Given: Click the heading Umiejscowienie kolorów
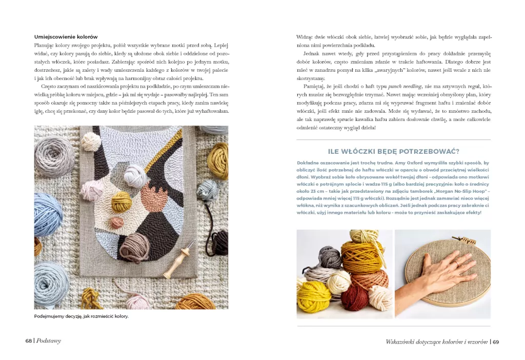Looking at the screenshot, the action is tap(66, 37).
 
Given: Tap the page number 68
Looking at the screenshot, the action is tap(29, 341).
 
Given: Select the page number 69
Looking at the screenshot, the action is tap(496, 342).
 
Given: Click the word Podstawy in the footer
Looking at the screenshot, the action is tap(49, 341).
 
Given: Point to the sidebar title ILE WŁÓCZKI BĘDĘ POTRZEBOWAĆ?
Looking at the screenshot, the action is tap(393, 151).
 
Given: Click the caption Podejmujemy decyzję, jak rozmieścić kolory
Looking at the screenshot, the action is tap(82, 316).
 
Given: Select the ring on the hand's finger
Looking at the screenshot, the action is tap(456, 264).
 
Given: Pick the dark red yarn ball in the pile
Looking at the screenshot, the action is tap(354, 296).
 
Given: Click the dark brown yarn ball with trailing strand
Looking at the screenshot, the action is tap(219, 241).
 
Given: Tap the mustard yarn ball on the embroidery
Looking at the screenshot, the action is tap(121, 201).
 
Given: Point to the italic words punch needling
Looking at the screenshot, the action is tap(405, 86).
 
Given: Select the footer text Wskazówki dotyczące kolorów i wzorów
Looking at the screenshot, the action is tap(437, 342).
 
